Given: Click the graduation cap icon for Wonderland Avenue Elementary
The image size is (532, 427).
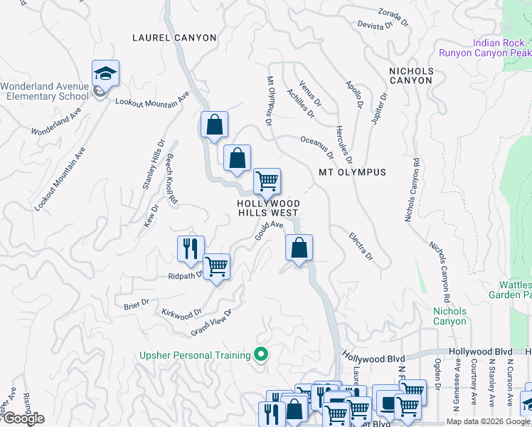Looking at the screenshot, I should tap(105, 74).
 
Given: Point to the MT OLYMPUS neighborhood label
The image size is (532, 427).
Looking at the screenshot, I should tap(352, 172).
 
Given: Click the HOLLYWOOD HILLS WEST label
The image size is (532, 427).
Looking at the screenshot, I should tap(268, 208).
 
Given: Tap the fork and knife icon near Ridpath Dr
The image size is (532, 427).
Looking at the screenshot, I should tap(191, 248).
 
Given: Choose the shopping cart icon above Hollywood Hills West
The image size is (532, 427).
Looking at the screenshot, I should tap(267, 181).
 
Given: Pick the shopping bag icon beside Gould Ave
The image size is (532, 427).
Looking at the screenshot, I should tap(299, 248).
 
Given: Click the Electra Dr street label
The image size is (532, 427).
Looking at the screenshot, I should tap(361, 246).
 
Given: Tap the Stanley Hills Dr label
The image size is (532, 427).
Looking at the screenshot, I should tap(153, 164).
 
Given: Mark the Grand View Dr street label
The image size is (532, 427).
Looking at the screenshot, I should tap(211, 322).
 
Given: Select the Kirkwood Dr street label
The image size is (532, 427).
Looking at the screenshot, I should tap(182, 312).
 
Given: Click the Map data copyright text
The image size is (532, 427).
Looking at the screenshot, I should tap(488, 421).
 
